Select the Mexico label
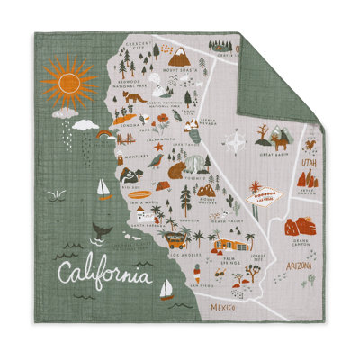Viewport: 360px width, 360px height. pos(219,309)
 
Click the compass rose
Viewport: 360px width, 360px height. pos(237,142)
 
